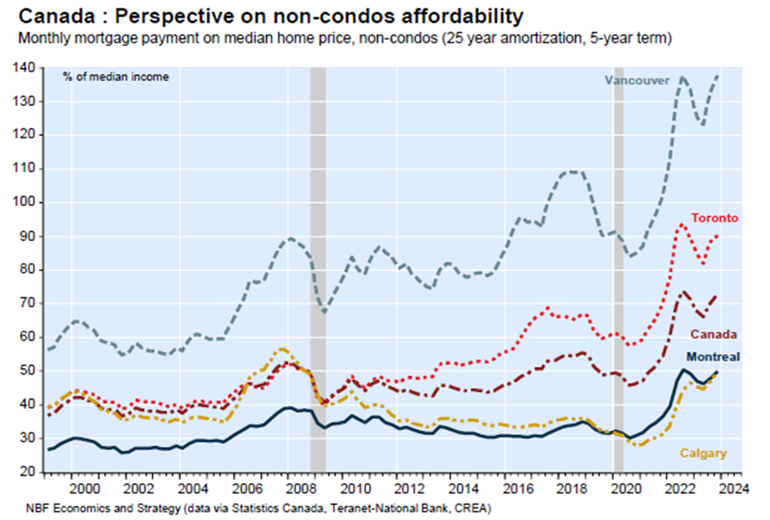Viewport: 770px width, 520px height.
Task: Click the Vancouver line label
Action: [x=637, y=80]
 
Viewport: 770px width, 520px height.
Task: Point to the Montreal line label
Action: [x=715, y=356]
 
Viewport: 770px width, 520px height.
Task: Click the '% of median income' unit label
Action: [x=116, y=77]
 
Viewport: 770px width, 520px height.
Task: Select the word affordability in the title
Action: [x=451, y=16]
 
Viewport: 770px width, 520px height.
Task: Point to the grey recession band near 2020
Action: [x=618, y=267]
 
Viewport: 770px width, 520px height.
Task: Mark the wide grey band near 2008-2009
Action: [x=318, y=267]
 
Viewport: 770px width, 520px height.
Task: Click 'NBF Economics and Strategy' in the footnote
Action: [x=86, y=507]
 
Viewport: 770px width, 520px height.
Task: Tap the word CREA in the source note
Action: [x=476, y=507]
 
